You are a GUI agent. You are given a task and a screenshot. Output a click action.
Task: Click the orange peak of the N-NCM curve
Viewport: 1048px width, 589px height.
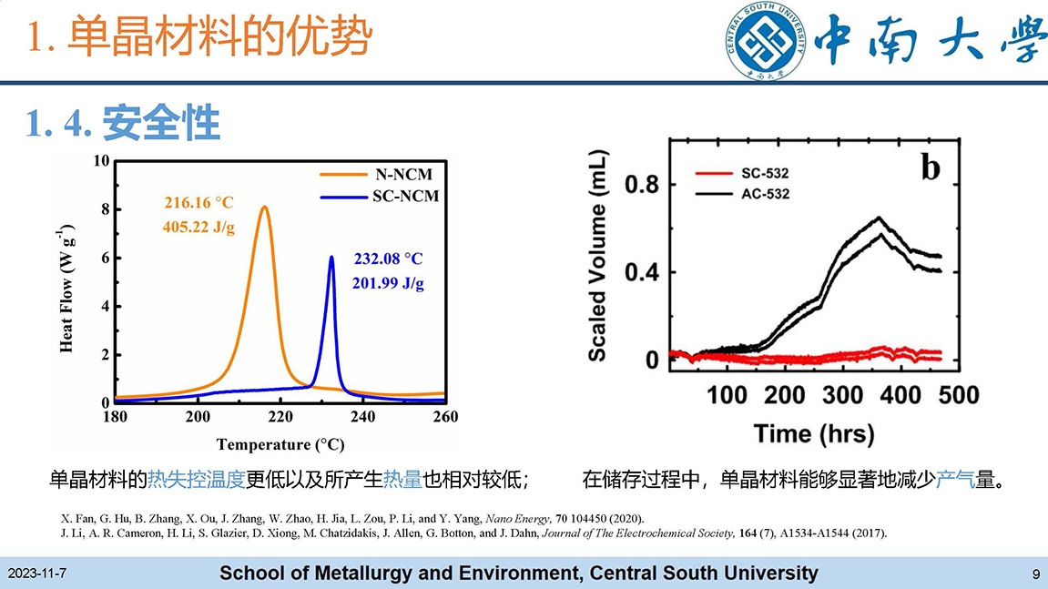264,207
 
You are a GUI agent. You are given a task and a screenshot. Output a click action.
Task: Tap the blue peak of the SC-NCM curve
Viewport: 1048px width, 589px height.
331,258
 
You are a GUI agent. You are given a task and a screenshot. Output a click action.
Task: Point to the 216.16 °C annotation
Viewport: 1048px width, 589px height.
198,202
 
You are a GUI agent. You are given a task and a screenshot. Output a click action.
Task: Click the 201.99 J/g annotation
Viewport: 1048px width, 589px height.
388,283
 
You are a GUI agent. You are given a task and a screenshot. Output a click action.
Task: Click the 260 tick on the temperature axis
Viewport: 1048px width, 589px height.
444,417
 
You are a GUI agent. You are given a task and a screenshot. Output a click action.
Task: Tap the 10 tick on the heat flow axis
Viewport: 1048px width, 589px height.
101,162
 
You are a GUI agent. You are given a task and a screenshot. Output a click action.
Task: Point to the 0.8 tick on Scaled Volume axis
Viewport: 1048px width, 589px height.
641,186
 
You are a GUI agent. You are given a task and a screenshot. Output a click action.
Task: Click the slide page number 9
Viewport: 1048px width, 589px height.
1036,574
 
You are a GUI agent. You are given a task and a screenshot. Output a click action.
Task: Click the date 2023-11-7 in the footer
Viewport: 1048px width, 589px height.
37,574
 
